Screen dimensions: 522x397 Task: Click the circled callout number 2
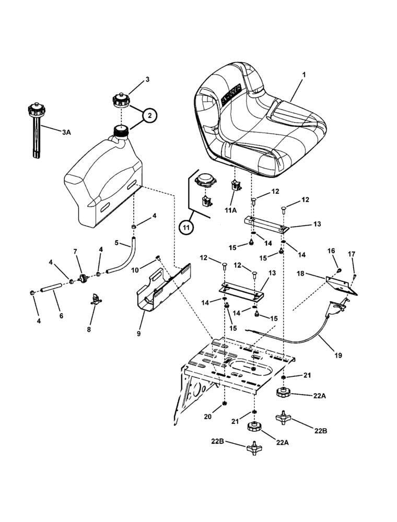[149, 116]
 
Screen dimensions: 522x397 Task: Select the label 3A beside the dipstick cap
[66, 133]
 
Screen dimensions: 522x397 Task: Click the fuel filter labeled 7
[81, 277]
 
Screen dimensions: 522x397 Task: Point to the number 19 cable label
[338, 355]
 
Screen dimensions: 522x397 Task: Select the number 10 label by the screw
[135, 270]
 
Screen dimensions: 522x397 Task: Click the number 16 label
[331, 251]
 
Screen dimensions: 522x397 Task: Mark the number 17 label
[352, 254]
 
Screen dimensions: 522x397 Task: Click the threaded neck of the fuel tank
[121, 130]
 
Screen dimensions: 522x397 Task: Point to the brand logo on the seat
[232, 94]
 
